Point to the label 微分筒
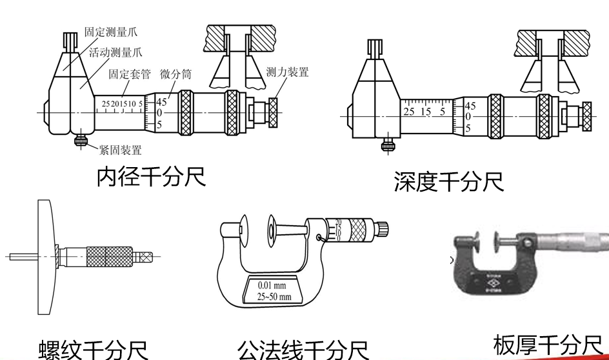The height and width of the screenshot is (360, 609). click(175, 74)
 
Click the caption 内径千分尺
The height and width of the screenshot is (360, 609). click(152, 177)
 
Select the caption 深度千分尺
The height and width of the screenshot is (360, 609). click(448, 183)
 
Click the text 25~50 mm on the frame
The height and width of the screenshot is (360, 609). click(274, 296)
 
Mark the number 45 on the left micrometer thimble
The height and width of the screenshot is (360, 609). click(161, 101)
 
